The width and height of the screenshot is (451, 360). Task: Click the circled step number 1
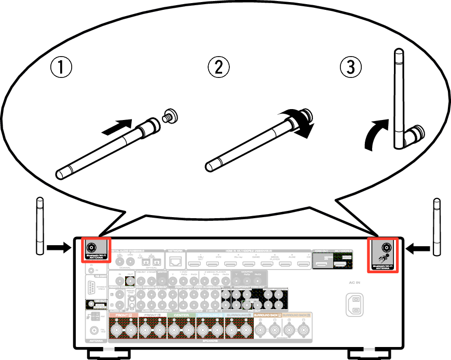pos(61,68)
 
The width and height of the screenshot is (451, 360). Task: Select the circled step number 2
pos(218,67)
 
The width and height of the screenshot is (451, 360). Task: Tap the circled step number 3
pos(351,68)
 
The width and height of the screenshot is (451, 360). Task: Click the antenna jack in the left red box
pos(93,247)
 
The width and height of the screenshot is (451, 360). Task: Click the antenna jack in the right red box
pos(386,247)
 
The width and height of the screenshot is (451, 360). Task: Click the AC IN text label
pos(354,284)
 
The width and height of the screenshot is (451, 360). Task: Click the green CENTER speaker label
pos(181,315)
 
